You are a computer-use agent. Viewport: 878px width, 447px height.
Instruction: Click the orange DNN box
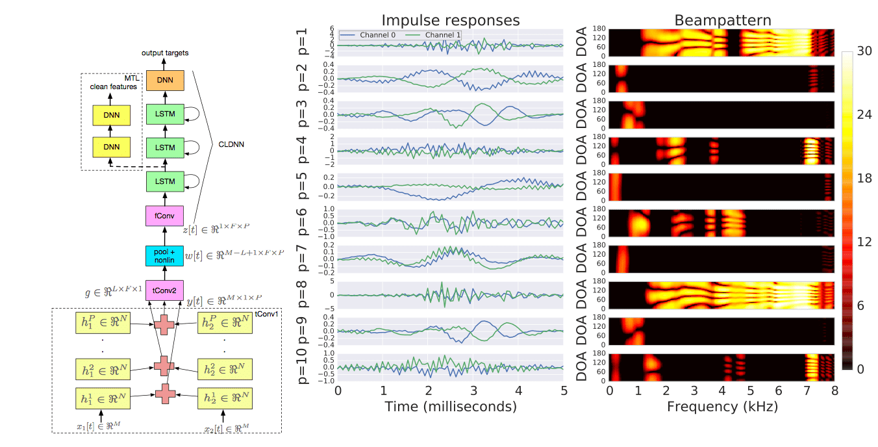click(165, 80)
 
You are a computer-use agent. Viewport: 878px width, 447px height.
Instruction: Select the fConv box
click(165, 214)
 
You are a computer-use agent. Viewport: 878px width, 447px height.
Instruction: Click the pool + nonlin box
click(165, 256)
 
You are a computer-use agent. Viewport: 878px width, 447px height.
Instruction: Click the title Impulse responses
click(450, 20)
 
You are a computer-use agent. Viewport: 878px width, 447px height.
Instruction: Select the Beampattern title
click(722, 20)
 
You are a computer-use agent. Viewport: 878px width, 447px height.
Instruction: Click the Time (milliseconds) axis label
click(450, 407)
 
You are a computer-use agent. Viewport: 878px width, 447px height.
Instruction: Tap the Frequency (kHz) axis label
click(721, 407)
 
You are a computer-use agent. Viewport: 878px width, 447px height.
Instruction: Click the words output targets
click(165, 52)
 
